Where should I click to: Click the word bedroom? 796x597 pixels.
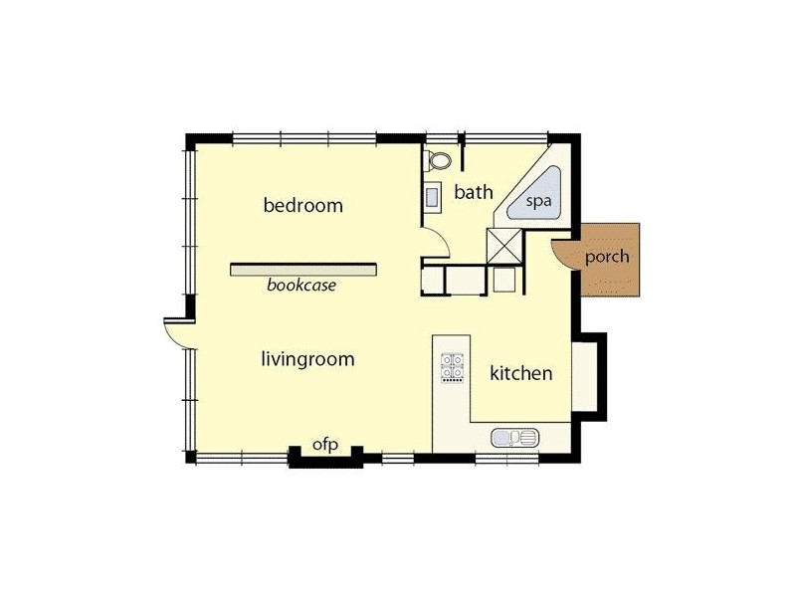pos(302,206)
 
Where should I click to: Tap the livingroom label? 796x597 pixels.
pos(307,359)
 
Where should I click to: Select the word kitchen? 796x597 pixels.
pos(520,374)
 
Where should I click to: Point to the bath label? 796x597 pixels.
pos(474,192)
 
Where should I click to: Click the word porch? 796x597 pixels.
pos(607,257)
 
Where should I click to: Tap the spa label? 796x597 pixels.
pos(538,200)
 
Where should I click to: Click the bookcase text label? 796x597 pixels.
pos(301,286)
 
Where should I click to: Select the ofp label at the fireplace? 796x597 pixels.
pos(326,445)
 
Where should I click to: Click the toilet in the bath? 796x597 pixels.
pos(439,160)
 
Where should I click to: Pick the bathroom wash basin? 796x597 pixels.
pos(434,197)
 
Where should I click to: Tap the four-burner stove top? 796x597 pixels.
pos(454,368)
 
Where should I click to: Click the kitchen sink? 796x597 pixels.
pos(514,437)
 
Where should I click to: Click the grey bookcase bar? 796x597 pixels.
pos(303,269)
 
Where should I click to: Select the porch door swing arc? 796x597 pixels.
pos(564,254)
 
